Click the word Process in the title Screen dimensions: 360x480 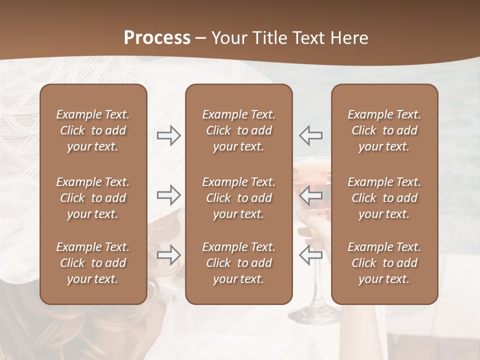point(157,38)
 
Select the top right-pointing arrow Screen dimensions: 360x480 point(169,135)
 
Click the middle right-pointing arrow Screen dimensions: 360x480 point(169,195)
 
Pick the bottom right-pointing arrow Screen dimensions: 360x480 point(169,254)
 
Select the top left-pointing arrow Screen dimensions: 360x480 point(310,135)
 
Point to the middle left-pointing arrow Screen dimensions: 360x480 point(310,195)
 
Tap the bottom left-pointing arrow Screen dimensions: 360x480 point(310,254)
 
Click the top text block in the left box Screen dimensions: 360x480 point(93,130)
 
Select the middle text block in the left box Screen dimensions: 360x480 point(93,198)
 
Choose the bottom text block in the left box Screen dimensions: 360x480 point(93,263)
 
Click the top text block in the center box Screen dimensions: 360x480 point(238,130)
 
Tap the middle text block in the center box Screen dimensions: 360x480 point(238,198)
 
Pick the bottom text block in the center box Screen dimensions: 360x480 point(238,263)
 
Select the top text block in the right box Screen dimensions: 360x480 point(384,130)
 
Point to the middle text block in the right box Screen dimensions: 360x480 point(384,198)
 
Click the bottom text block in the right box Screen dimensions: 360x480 point(384,263)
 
